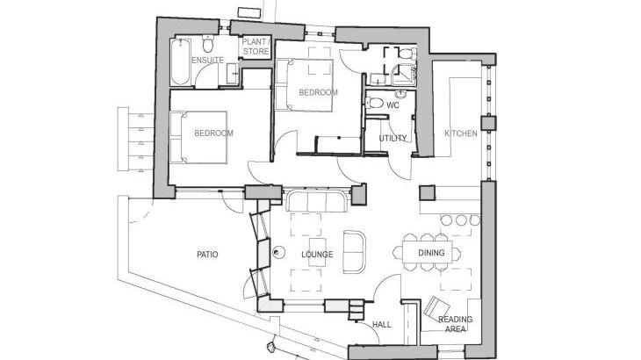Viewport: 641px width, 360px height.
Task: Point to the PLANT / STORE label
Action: (x=256, y=46)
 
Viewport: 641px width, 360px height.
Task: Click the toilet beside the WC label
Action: (x=375, y=104)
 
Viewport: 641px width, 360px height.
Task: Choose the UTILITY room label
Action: (x=393, y=139)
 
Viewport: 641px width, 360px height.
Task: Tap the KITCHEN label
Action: (x=460, y=133)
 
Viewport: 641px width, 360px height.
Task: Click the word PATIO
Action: (x=206, y=255)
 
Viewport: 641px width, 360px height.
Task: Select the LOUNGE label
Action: (x=316, y=255)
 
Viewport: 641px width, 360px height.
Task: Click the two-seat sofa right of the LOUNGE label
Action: (x=355, y=251)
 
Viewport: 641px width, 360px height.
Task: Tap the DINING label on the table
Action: (x=430, y=254)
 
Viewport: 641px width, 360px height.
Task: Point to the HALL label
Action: (x=381, y=324)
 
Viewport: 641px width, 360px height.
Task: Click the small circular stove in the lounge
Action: (x=277, y=252)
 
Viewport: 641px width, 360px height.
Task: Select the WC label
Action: (x=393, y=105)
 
